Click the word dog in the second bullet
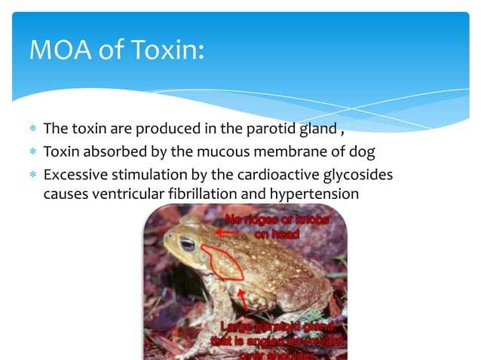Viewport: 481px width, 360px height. pos(359,151)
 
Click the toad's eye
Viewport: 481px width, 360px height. pos(187,243)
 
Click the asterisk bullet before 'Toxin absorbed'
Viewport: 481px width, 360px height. pos(32,152)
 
